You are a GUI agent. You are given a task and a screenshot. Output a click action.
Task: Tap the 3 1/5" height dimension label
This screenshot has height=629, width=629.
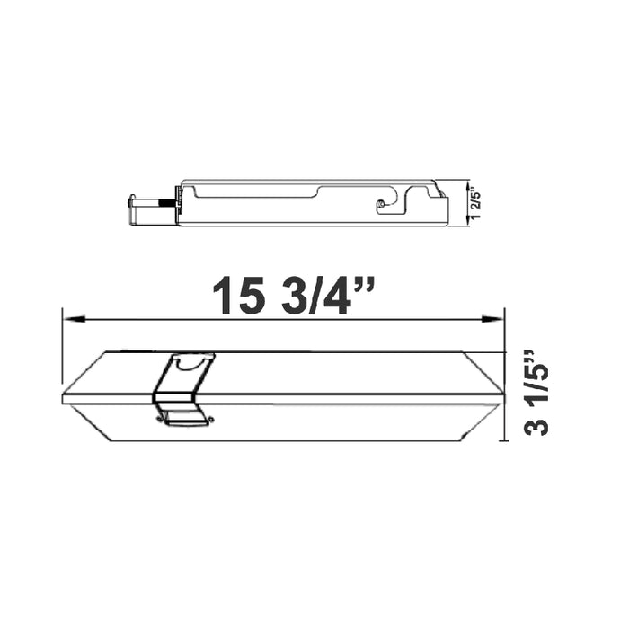click(x=536, y=392)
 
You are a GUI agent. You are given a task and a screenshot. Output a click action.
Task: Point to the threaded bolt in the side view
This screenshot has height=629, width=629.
click(x=168, y=202)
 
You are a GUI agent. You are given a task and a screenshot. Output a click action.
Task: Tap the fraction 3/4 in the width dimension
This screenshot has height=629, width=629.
click(x=314, y=294)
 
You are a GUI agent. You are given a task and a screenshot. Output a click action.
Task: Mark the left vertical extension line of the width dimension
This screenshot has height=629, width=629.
click(x=62, y=350)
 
